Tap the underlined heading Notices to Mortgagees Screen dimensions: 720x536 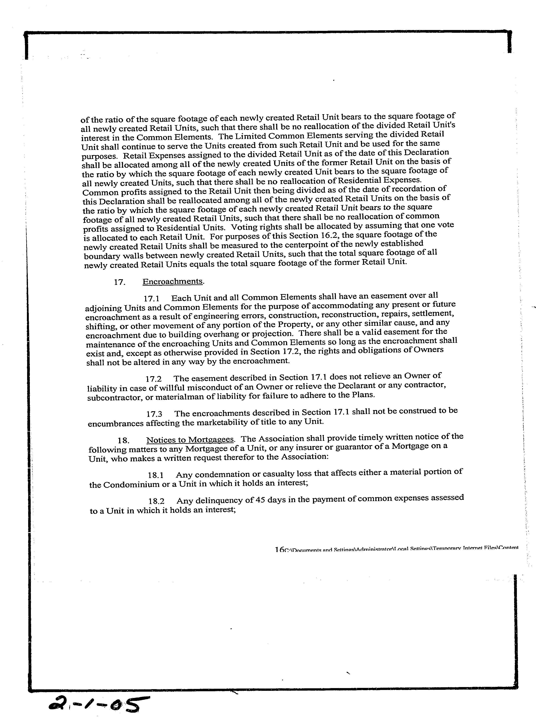190,440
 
